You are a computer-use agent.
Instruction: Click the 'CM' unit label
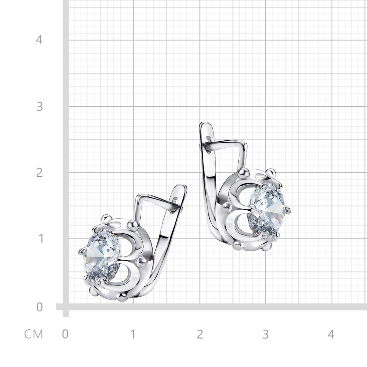34,334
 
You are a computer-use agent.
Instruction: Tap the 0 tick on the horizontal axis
65,334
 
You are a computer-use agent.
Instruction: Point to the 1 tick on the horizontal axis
133,334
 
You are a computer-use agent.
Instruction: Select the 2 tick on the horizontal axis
200,334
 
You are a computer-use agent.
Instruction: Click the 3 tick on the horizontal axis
266,334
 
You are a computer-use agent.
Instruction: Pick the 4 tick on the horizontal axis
331,334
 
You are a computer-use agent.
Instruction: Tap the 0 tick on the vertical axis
39,307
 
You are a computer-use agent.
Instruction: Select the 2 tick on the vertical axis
39,172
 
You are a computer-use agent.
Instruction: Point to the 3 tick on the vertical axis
39,106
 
